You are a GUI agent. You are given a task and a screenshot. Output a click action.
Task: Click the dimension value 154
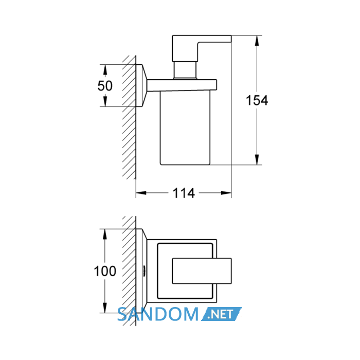257,101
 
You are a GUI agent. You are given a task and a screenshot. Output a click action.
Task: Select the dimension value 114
184,193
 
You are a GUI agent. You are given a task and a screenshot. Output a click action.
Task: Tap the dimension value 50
105,86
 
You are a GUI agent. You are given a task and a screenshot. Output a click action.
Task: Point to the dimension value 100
105,271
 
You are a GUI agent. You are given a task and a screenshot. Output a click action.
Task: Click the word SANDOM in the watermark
158,314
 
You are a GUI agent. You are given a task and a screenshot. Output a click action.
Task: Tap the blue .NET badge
221,314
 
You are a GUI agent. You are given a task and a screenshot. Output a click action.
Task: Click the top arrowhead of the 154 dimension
257,41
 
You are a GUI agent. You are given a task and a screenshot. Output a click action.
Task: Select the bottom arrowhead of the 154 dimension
257,159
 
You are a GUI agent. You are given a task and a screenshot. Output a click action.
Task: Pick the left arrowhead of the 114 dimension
141,193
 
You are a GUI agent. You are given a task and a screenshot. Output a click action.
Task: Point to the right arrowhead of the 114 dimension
226,193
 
